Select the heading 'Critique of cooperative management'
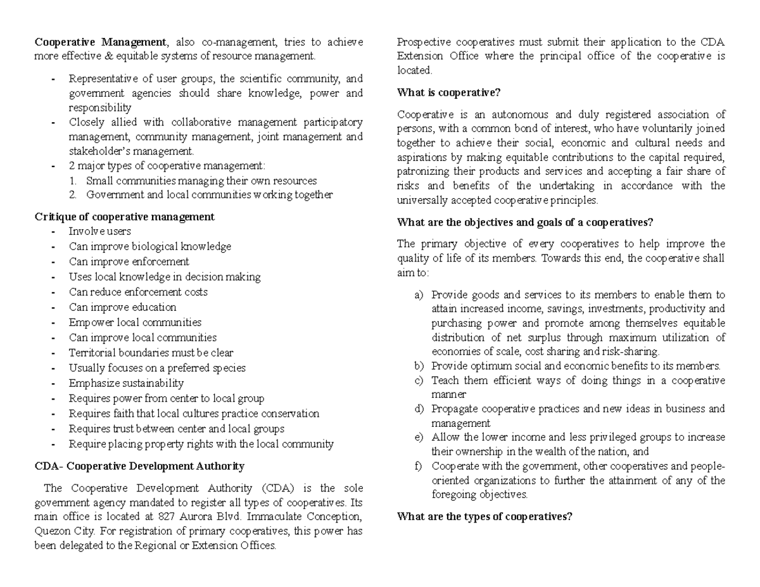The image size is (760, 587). tap(124, 217)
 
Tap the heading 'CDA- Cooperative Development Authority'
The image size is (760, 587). tap(139, 466)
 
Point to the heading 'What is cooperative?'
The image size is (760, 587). tap(448, 92)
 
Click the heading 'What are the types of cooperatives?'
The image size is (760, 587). tap(484, 516)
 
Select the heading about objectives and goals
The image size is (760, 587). tap(524, 222)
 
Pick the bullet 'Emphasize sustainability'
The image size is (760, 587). tap(126, 383)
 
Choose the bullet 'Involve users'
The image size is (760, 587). tap(100, 232)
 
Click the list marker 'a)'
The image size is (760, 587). tap(419, 295)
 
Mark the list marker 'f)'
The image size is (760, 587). tap(417, 467)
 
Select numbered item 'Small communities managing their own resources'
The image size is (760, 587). tap(201, 181)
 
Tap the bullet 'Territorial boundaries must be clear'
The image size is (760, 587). tap(151, 353)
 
